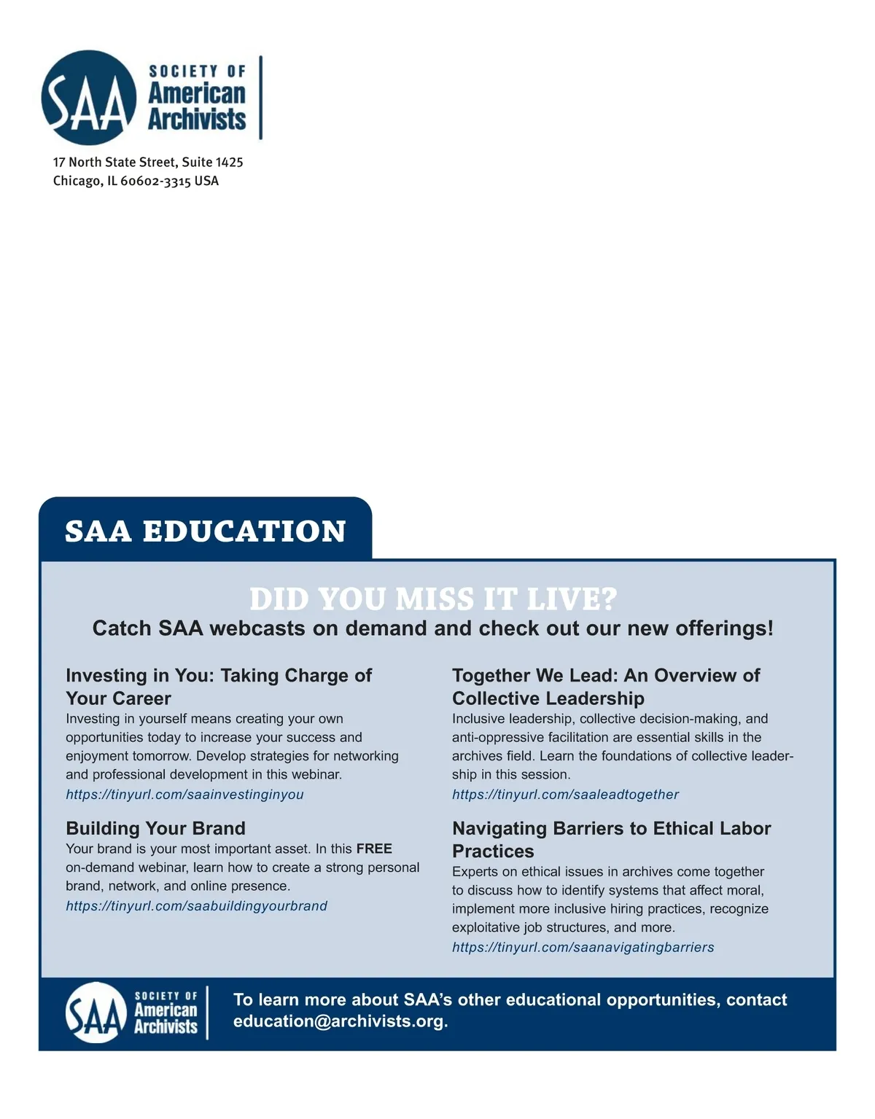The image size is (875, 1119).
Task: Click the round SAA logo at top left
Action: pos(89,98)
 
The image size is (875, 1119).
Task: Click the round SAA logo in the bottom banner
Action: pos(96,1012)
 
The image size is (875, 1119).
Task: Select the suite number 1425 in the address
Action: pos(229,162)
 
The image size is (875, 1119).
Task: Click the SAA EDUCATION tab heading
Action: pos(206,531)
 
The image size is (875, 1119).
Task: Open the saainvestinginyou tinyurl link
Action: pos(184,795)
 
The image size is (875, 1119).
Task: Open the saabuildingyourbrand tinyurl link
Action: pos(196,906)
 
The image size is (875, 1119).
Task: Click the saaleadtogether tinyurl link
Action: pos(565,795)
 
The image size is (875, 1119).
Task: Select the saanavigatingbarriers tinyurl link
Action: pos(583,948)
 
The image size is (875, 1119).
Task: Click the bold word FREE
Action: pos(374,849)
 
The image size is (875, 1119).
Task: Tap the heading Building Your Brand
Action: pos(155,828)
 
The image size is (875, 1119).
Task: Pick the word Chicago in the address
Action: pos(78,181)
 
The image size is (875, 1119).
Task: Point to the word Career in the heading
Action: pos(140,698)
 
